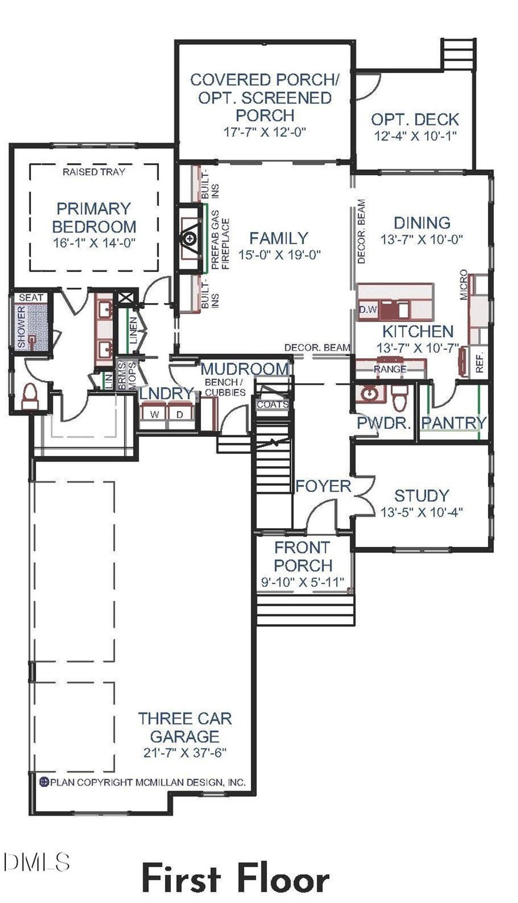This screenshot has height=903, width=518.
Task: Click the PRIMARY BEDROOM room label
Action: tap(94, 217)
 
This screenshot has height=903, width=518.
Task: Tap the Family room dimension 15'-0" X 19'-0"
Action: tap(279, 255)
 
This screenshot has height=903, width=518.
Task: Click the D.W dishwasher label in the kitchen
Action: tap(368, 310)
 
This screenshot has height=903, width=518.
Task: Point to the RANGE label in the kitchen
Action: tap(390, 369)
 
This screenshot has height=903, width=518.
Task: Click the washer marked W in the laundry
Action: tap(154, 414)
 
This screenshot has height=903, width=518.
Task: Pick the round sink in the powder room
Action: tap(369, 394)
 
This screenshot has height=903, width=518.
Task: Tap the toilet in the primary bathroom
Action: tap(28, 397)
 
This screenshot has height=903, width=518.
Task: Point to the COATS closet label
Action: tap(272, 404)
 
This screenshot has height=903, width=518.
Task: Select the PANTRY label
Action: tap(453, 423)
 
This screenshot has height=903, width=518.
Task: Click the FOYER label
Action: tap(323, 486)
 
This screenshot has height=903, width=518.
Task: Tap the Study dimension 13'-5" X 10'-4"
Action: tap(421, 512)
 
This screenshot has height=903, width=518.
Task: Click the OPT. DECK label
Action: tap(415, 119)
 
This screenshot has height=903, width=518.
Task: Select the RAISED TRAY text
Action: tap(93, 172)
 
